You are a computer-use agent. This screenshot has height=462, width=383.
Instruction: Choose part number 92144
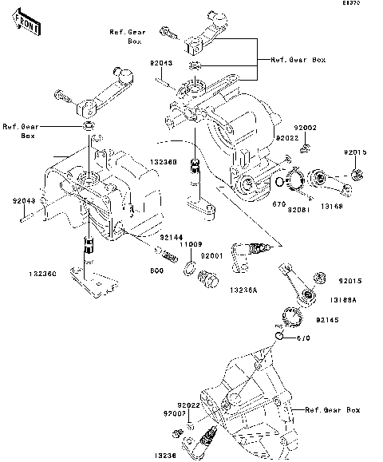(x=171, y=237)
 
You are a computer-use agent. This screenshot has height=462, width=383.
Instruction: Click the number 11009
(x=190, y=244)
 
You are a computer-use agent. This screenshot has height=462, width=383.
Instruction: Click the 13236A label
(x=243, y=289)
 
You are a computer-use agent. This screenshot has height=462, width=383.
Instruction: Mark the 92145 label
(x=328, y=320)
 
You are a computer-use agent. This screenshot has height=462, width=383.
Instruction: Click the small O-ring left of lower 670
(x=278, y=337)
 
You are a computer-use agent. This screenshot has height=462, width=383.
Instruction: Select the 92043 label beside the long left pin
(x=23, y=201)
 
